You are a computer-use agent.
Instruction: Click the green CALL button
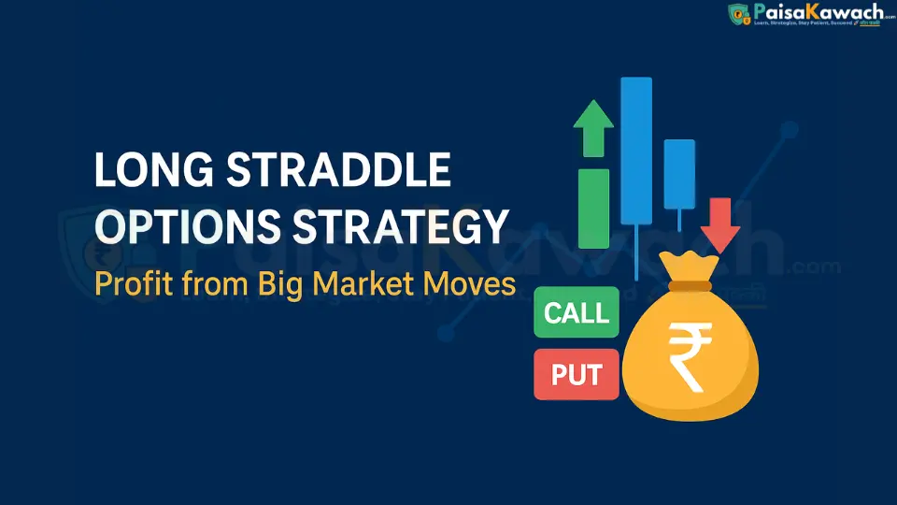pos(576,312)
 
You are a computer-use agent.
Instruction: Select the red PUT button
pos(576,373)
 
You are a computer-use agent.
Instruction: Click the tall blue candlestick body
pos(636,150)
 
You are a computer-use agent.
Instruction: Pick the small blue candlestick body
pos(679,173)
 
